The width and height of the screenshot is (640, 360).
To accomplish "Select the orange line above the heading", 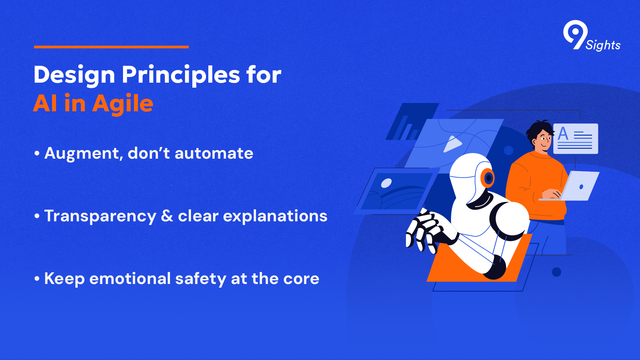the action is [x=111, y=47].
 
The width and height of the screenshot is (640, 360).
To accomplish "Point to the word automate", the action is [x=214, y=153].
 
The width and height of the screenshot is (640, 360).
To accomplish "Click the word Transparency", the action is [x=100, y=216].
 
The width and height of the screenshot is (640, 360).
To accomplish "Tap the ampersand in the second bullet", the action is [x=167, y=216].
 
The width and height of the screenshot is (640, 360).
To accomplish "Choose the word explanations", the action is [x=275, y=216].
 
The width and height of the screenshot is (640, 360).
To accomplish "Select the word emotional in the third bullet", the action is [x=130, y=278].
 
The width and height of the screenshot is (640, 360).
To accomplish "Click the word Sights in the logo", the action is [x=603, y=45].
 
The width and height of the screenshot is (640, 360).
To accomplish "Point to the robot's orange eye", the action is [x=488, y=178].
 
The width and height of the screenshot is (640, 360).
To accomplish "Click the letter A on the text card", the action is [x=563, y=134].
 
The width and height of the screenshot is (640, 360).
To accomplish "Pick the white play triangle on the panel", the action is [x=452, y=144].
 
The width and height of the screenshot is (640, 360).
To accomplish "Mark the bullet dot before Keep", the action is [x=37, y=279].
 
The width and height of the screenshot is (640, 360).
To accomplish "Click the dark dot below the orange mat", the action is [x=556, y=272].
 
